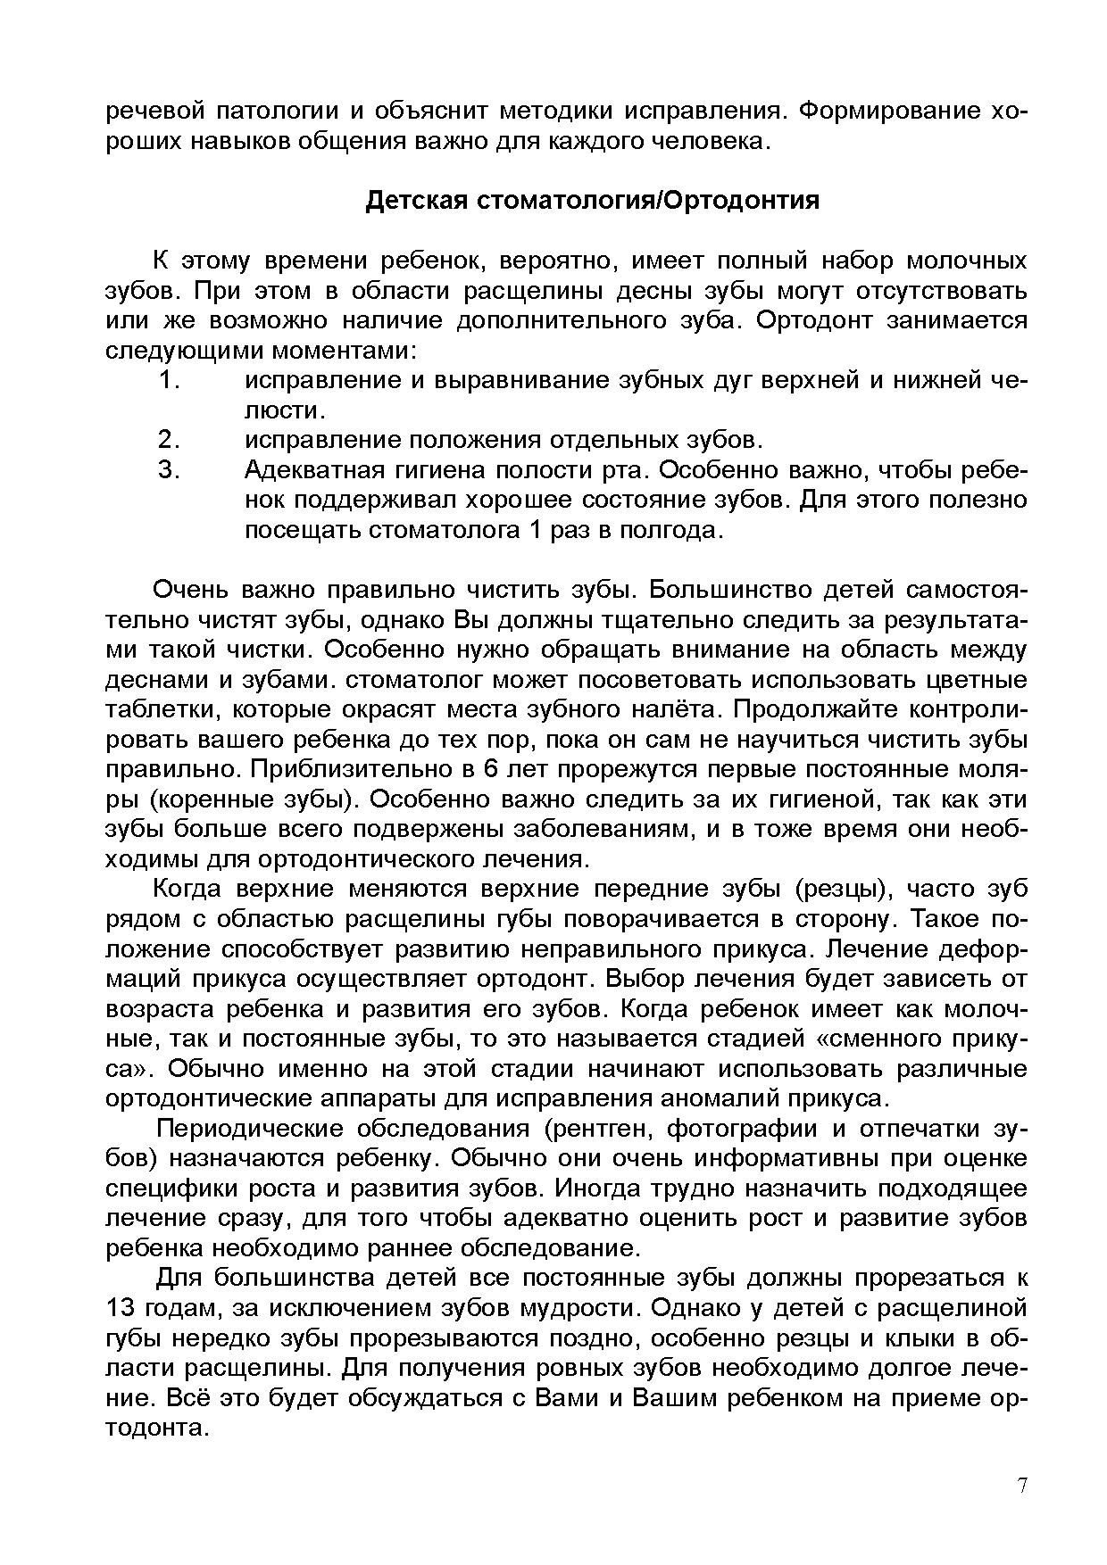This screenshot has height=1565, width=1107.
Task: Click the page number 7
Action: click(x=1022, y=1486)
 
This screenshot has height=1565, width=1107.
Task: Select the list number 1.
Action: click(x=170, y=381)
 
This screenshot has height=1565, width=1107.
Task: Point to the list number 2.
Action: click(x=170, y=440)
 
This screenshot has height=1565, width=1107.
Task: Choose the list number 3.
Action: click(x=170, y=470)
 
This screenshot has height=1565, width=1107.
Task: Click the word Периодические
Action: click(x=250, y=1129)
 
